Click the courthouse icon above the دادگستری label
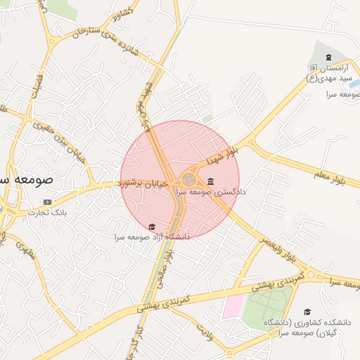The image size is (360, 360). tap(211, 181)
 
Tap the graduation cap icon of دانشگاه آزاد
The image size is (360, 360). tap(152, 226)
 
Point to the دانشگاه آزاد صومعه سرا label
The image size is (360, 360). tap(153, 237)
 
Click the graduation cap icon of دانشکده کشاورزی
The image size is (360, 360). tap(307, 311)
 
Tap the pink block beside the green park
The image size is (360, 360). tap(234, 306)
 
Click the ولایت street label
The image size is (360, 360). tap(205, 330)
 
